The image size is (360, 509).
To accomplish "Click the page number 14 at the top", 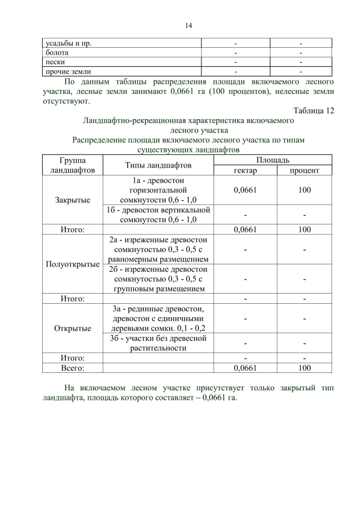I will point(188,25).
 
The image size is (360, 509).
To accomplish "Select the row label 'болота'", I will point(57,52).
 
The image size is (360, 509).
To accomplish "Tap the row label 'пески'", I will point(55,62).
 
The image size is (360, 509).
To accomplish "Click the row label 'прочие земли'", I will point(68,71).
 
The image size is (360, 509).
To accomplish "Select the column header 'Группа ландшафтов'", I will point(72,165).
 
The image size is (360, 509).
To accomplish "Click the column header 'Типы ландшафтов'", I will point(158,165).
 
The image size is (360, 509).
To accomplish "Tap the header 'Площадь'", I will point(274,160).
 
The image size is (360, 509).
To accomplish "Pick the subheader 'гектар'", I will point(245,170).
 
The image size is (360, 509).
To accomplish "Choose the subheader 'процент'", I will point(304,170).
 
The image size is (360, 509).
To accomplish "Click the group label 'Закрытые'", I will point(72,200).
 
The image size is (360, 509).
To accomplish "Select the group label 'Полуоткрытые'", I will point(72,264).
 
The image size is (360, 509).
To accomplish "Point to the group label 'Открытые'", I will point(72,328).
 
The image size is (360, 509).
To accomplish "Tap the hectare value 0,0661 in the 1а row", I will point(245,190).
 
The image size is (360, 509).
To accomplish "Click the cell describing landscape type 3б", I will point(158,343).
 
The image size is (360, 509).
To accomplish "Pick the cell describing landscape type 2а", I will point(158,249).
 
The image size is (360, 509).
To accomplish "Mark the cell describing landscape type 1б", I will point(158,214).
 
